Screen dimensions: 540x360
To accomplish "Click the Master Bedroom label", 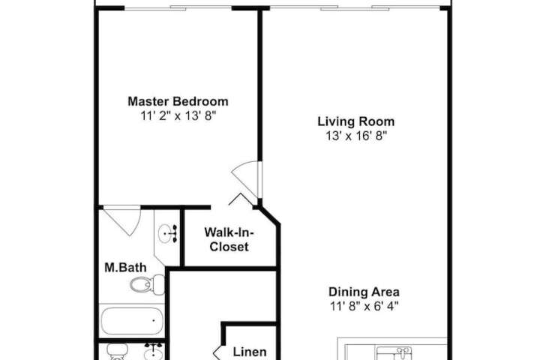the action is coord(178,101).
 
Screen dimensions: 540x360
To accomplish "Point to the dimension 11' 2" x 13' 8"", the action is coord(178,115).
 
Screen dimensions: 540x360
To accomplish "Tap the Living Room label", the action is coord(355,121).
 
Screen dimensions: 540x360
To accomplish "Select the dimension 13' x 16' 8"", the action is coord(356,136).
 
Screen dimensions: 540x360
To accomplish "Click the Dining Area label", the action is coord(364,292).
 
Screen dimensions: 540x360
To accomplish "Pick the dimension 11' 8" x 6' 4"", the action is coord(364,306).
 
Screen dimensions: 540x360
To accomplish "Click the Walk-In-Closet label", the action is coord(229,239).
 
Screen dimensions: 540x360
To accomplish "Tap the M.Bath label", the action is coord(125,268).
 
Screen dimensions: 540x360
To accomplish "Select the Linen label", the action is coord(250,352).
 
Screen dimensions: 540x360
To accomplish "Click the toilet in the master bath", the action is coord(148,284).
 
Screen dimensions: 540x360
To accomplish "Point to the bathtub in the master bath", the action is coord(132,321).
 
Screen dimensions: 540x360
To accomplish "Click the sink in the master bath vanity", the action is coord(167,233).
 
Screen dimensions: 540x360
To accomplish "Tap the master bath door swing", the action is coord(123,220).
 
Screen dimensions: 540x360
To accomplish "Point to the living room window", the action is coord(355,8).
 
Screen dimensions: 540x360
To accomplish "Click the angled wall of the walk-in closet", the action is coord(269,216).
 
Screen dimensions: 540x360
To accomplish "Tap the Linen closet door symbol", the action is coord(217,352).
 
